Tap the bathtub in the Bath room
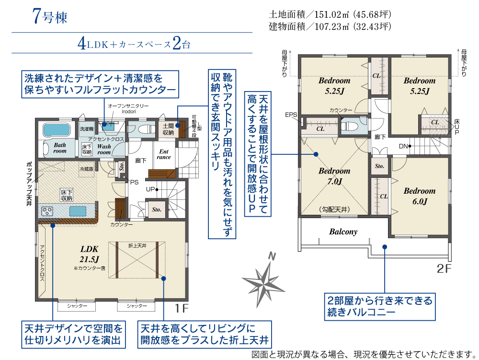pos(56,130)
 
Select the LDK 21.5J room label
pos(89,255)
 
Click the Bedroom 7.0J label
pos(334,176)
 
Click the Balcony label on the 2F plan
pos(343,232)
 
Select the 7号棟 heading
pos(50,17)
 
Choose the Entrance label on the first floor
pos(164,154)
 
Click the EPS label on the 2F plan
pos(291,115)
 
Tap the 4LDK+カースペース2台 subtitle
pos(134,45)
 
